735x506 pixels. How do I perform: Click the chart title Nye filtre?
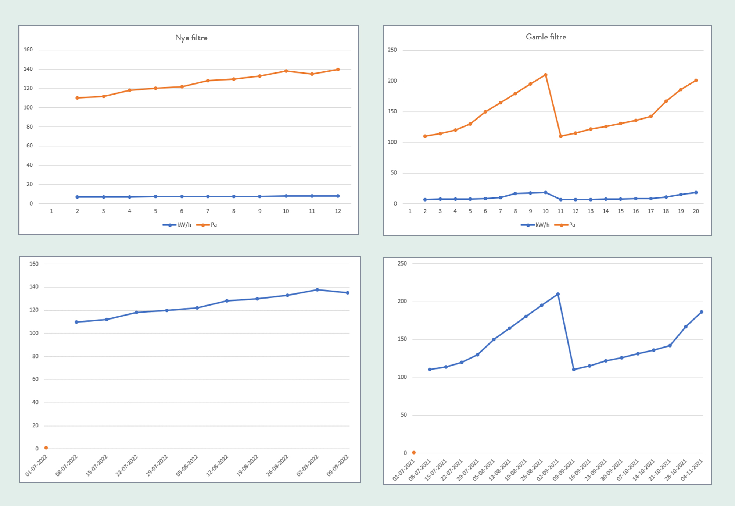191,38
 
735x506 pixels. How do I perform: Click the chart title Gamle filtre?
546,37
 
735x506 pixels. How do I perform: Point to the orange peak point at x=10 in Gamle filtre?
545,75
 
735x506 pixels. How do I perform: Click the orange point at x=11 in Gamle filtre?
560,136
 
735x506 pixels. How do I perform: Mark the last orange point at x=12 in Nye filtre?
338,70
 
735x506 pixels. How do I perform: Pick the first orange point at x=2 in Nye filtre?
77,98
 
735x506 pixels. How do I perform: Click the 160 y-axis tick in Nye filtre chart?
28,50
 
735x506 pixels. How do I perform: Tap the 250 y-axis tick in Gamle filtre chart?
392,50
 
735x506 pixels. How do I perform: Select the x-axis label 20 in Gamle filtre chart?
696,211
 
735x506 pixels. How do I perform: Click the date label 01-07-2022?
36,466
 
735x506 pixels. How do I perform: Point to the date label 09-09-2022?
337,466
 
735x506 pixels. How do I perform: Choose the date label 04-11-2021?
692,470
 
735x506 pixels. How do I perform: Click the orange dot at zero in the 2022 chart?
46,448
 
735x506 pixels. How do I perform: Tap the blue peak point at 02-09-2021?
558,294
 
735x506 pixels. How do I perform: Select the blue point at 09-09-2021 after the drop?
574,369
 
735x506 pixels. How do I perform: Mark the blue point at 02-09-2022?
318,290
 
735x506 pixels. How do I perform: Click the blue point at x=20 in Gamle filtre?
696,193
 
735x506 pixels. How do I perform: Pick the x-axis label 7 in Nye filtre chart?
208,211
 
